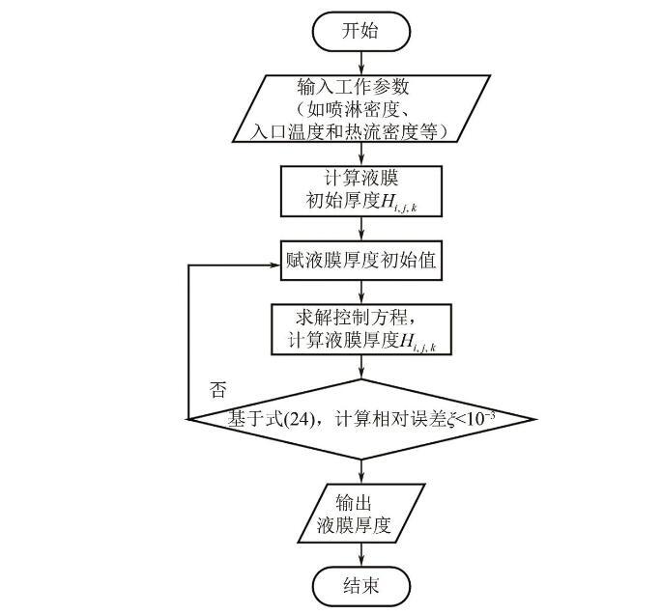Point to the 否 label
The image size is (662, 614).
(218, 390)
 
